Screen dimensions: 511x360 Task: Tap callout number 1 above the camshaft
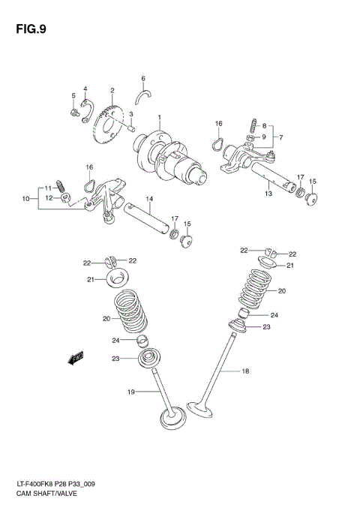click(159, 117)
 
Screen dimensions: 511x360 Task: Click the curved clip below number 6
click(143, 93)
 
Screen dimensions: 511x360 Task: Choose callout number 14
click(148, 199)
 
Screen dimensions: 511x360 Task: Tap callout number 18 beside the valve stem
click(244, 371)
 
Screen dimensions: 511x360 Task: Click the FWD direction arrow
click(76, 359)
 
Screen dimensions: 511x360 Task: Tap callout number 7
click(280, 137)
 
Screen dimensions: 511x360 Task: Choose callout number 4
click(85, 89)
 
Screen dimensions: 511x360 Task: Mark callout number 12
click(49, 198)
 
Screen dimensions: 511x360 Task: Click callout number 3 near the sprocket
click(130, 114)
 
